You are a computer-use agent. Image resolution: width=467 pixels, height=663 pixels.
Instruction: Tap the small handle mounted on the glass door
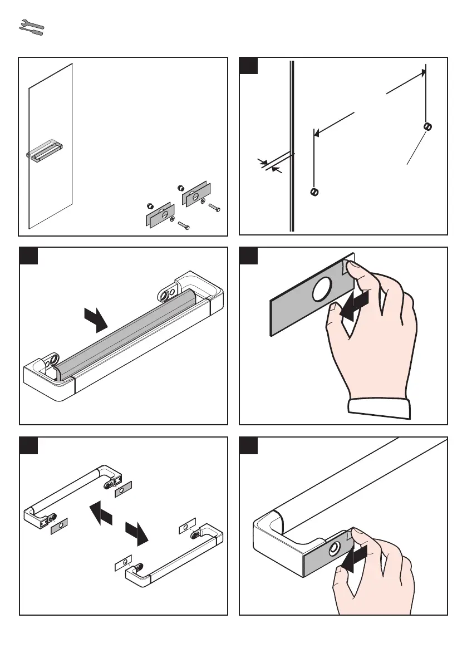click(x=45, y=151)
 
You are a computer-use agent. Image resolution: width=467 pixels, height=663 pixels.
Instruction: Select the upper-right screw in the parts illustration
click(x=214, y=208)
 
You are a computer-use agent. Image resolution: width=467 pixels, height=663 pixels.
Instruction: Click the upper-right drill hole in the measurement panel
click(x=427, y=126)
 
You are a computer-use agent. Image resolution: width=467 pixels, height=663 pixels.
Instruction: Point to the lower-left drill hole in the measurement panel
click(x=314, y=192)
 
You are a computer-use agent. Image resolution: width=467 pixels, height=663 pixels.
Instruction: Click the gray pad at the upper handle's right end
click(x=124, y=490)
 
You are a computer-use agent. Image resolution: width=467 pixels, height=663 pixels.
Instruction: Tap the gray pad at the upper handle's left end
click(x=59, y=527)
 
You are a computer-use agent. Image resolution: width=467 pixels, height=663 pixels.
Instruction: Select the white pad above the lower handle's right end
click(x=186, y=526)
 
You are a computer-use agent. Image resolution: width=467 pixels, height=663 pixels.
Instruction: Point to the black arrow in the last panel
click(x=355, y=559)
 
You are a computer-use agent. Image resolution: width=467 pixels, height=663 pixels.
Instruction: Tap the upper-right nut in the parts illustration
click(x=180, y=187)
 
